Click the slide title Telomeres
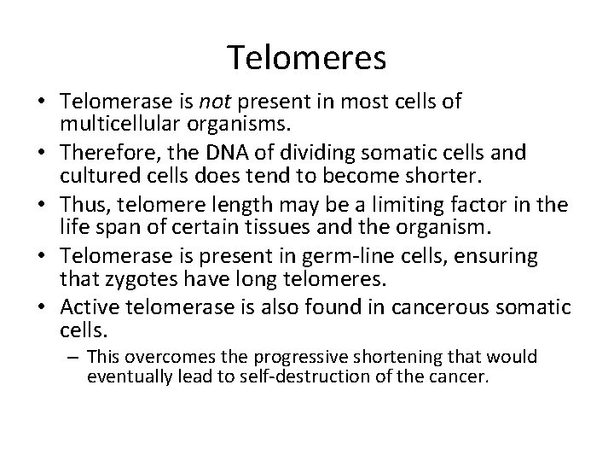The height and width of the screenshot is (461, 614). (307, 58)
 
